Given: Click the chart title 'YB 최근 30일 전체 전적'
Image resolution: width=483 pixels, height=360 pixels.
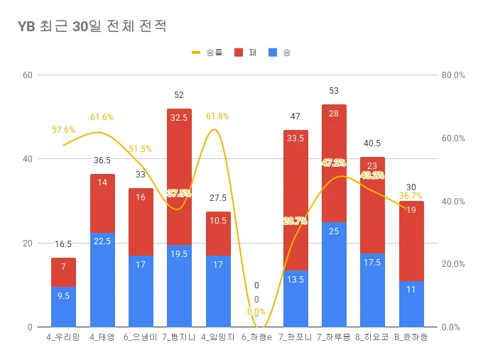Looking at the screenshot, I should pos(92,26).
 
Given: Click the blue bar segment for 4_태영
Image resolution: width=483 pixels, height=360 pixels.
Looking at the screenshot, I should pos(102,279).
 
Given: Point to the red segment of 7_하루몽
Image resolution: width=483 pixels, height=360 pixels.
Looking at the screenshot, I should pos(334,163).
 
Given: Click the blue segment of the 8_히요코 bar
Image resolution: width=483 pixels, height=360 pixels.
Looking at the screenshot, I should pos(372,290).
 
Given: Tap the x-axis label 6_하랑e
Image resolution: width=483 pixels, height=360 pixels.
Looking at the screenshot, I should pos(256,337).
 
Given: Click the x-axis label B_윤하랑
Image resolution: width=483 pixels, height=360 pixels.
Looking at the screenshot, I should pos(411,337).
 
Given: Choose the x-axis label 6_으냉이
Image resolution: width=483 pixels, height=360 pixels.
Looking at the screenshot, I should pos(141,337).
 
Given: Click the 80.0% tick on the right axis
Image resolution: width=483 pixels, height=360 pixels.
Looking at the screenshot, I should pos(452,75).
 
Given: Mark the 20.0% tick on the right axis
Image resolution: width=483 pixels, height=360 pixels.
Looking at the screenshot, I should pos(452,264).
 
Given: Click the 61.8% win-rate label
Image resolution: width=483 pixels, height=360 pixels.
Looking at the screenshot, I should pos(218,116).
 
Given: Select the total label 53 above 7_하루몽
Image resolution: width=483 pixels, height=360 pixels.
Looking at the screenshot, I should pos(334,91).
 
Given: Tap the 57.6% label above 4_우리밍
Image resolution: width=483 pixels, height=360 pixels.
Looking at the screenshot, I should pos(64,130).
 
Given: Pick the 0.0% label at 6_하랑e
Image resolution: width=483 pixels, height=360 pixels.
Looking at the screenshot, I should pos(256,311).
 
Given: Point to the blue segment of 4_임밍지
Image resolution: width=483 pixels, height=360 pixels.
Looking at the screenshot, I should pos(218,291).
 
